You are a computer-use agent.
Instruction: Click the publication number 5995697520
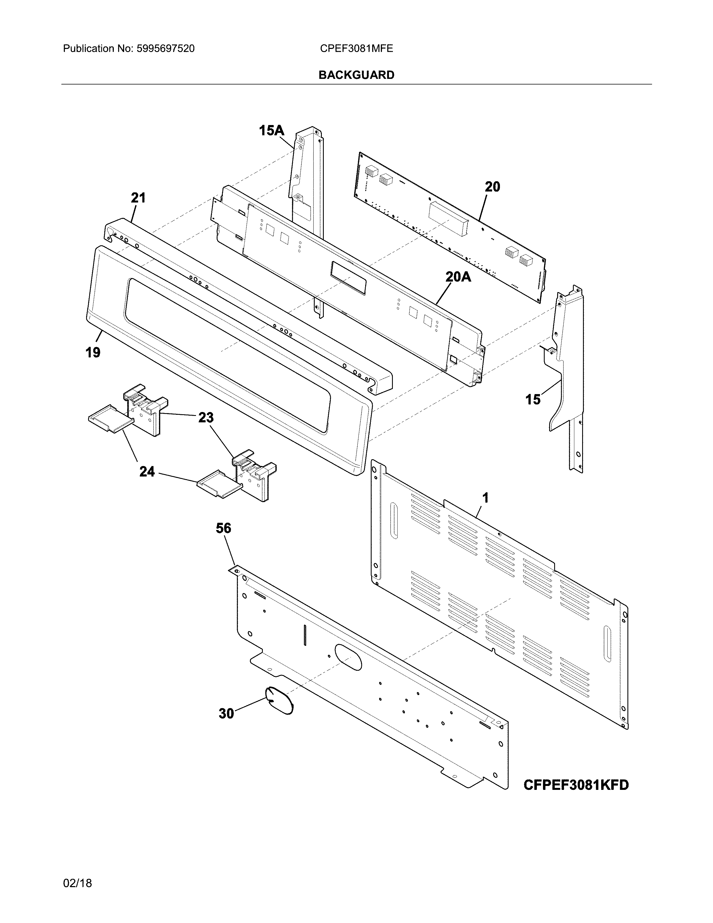point(165,49)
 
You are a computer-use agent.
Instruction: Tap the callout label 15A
point(271,131)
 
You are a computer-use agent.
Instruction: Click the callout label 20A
point(458,277)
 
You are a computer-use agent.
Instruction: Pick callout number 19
point(93,352)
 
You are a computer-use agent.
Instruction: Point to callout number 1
point(485,498)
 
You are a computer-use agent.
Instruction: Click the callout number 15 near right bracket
point(533,399)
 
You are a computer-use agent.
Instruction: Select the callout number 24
point(147,471)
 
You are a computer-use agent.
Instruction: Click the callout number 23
point(206,418)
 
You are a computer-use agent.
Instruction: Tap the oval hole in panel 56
point(348,658)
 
